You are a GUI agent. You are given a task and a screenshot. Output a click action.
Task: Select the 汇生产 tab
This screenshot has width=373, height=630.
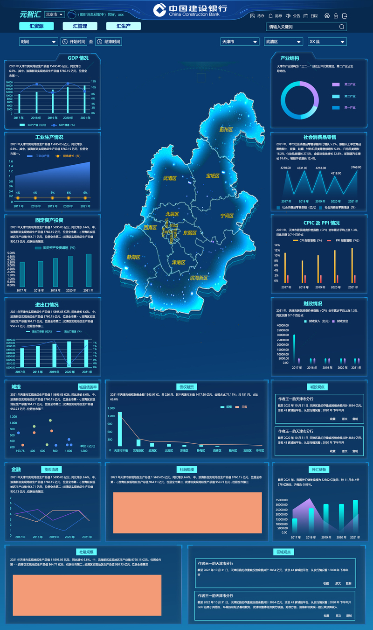(124, 26)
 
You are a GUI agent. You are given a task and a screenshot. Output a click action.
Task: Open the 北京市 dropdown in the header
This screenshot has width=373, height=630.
(55, 14)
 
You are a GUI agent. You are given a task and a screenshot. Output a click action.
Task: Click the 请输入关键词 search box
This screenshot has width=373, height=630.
(306, 27)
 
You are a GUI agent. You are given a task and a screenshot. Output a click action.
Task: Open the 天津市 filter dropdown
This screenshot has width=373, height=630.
(240, 42)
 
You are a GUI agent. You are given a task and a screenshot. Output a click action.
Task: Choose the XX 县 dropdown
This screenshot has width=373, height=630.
(327, 42)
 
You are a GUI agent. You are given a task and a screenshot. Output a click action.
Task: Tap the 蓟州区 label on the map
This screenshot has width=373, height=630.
(226, 129)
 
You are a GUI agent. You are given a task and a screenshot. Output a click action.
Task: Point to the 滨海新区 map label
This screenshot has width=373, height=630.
(199, 278)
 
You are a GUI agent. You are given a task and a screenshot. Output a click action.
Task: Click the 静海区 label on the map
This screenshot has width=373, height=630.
(133, 257)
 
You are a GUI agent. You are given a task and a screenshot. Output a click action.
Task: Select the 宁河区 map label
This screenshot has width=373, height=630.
(227, 216)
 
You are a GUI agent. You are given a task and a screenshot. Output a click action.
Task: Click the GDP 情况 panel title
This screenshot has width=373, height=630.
(78, 58)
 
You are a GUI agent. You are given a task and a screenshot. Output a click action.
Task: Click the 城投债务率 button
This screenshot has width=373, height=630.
(88, 387)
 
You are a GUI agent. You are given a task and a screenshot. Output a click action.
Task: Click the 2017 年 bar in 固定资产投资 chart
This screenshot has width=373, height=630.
(22, 274)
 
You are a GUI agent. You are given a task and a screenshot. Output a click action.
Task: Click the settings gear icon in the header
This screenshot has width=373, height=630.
(327, 16)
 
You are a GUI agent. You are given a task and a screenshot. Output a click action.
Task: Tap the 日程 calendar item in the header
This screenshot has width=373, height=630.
(311, 16)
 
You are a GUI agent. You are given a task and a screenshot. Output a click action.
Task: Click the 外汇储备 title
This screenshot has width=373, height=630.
(319, 469)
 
